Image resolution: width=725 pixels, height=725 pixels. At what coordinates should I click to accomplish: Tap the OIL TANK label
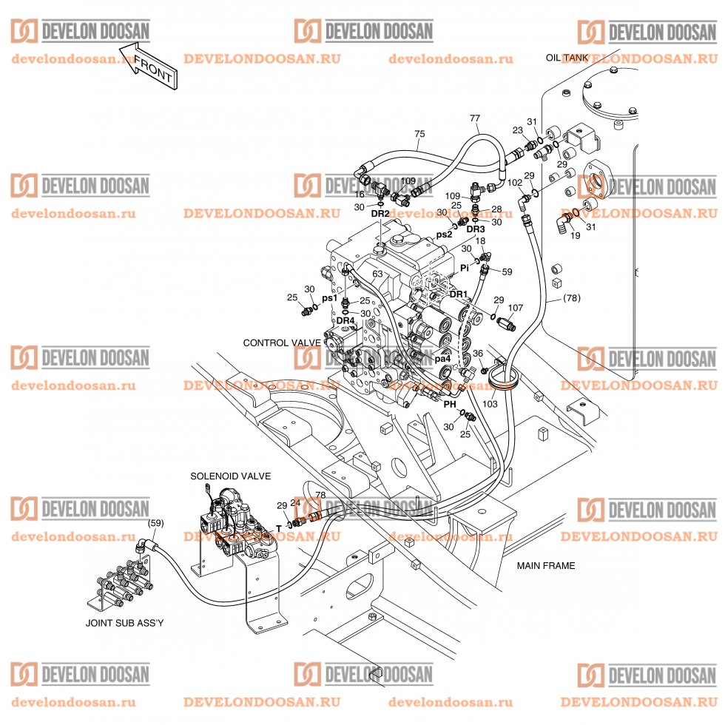point(567,58)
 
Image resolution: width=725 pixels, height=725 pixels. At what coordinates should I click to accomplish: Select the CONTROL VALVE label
point(282,343)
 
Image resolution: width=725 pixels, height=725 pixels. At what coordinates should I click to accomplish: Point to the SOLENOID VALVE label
point(231,476)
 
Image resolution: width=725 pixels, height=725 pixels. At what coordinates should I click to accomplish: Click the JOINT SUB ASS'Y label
point(125,623)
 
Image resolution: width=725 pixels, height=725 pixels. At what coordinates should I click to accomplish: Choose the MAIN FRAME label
point(546,565)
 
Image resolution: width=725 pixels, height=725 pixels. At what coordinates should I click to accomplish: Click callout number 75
point(419,134)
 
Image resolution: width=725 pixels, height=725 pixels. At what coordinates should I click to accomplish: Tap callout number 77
point(475,118)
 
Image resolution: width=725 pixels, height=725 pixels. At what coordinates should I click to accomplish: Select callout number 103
point(490,404)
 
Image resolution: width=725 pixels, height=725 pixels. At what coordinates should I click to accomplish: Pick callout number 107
point(516,308)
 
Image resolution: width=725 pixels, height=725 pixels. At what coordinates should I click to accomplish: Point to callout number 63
point(378,274)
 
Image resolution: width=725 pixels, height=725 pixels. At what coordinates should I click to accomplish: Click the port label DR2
point(380,214)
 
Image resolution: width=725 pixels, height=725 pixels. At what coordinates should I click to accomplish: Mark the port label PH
point(450,405)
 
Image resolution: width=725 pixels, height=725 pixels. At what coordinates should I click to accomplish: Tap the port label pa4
point(442,359)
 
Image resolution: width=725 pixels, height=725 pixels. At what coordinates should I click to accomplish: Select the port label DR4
point(345,320)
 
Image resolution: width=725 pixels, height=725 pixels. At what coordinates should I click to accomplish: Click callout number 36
point(478,354)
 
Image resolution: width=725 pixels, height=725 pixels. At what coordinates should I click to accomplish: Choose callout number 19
point(576,235)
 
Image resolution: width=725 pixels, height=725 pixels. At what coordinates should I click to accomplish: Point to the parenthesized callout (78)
point(571,298)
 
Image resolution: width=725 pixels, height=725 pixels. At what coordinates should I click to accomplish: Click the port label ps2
point(444,235)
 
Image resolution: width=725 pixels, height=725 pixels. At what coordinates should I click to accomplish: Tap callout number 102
point(515,183)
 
